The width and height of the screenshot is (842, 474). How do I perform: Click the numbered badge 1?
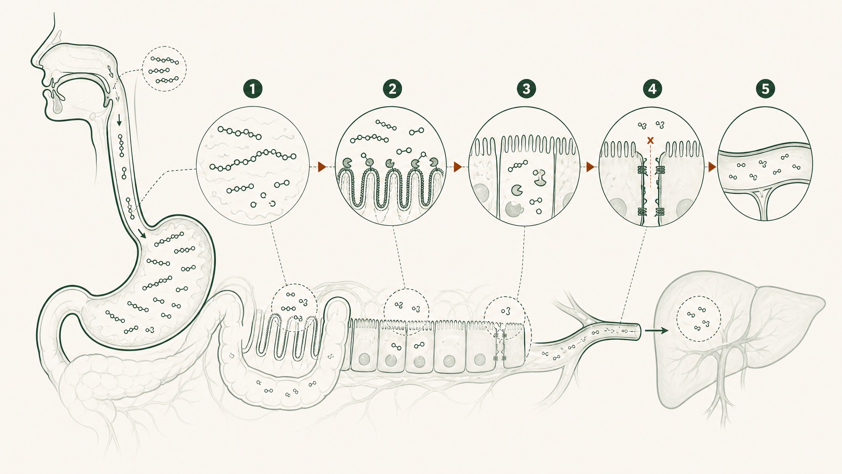pyautogui.click(x=253, y=88)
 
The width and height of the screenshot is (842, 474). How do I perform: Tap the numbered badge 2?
pyautogui.click(x=392, y=88)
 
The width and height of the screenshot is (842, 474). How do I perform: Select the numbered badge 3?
pyautogui.click(x=527, y=88)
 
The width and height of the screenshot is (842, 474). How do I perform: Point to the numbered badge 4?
pyautogui.click(x=652, y=88)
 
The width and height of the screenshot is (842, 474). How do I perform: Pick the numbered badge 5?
pyautogui.click(x=765, y=88)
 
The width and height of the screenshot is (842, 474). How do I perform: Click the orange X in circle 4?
pyautogui.click(x=650, y=140)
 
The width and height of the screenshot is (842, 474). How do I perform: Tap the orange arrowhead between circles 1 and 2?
pyautogui.click(x=322, y=167)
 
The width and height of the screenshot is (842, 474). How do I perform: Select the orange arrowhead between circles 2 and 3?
pyautogui.click(x=458, y=167)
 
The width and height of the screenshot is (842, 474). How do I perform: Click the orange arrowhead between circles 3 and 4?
pyautogui.click(x=591, y=167)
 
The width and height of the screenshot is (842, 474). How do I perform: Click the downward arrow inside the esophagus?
pyautogui.click(x=119, y=120)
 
